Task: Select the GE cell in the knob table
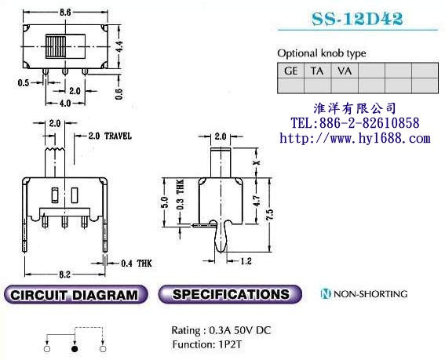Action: [x=292, y=71]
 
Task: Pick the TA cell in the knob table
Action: [x=318, y=71]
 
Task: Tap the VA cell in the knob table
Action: [x=344, y=71]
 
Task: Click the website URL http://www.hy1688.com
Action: [x=355, y=138]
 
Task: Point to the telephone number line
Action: [x=355, y=123]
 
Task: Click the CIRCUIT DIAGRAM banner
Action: [x=75, y=295]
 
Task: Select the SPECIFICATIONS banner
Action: [x=231, y=295]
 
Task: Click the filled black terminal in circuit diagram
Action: [x=75, y=346]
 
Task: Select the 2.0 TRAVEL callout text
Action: [x=110, y=136]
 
